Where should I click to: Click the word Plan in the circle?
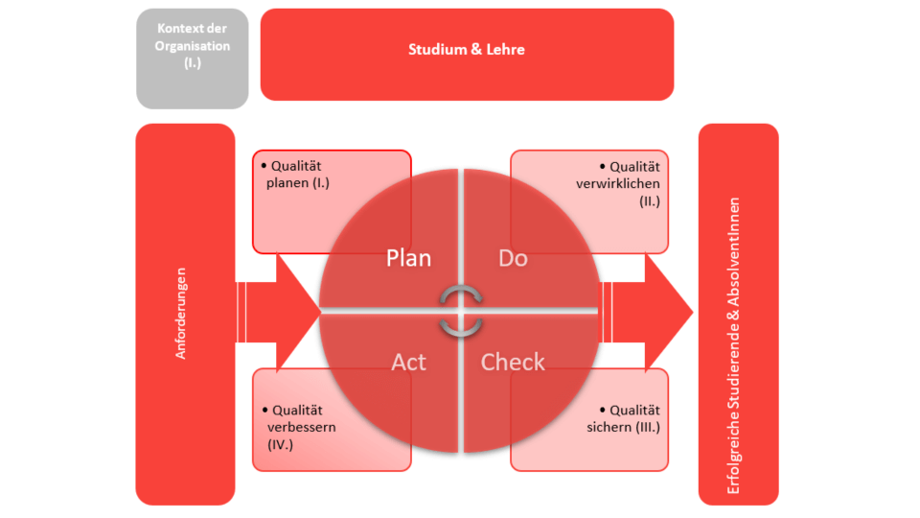pyautogui.click(x=408, y=258)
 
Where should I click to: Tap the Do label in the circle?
pyautogui.click(x=513, y=258)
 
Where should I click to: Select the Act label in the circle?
pyautogui.click(x=408, y=362)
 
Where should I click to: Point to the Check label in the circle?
pyautogui.click(x=513, y=362)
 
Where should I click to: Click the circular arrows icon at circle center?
pyautogui.click(x=461, y=311)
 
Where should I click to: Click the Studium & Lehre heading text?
pyautogui.click(x=467, y=50)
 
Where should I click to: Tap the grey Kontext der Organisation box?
pyautogui.click(x=193, y=59)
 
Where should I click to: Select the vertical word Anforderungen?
pyautogui.click(x=181, y=314)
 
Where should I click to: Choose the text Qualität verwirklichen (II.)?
pyautogui.click(x=629, y=183)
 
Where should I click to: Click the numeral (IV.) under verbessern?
pyautogui.click(x=280, y=445)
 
